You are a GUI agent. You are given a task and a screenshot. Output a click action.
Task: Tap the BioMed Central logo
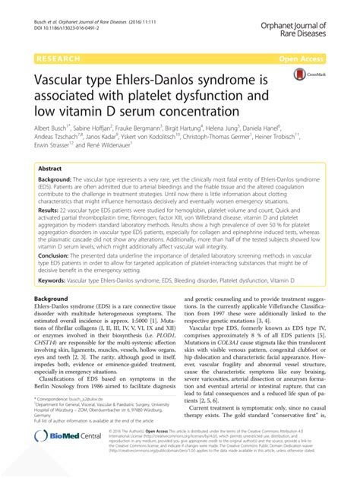61,457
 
